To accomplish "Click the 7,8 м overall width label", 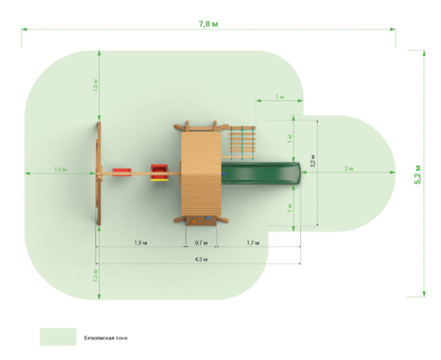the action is pyautogui.click(x=208, y=24).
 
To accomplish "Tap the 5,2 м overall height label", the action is pyautogui.click(x=418, y=175).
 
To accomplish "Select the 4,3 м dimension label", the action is pyautogui.click(x=201, y=259).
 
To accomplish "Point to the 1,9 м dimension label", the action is pyautogui.click(x=141, y=242).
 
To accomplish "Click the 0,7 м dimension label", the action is pyautogui.click(x=201, y=242).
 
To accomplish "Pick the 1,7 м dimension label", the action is pyautogui.click(x=253, y=242).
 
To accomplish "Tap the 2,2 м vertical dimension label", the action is pyautogui.click(x=313, y=161).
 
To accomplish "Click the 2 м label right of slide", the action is pyautogui.click(x=349, y=169).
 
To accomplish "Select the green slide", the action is pyautogui.click(x=261, y=173).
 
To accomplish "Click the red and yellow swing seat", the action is pyautogui.click(x=160, y=172).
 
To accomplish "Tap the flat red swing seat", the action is pyautogui.click(x=122, y=172).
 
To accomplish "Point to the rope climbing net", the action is pyautogui.click(x=242, y=142).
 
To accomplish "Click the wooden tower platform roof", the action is pyautogui.click(x=201, y=174).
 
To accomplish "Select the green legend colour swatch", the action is pyautogui.click(x=58, y=336).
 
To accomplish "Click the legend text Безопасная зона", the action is pyautogui.click(x=106, y=338).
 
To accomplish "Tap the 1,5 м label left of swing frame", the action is pyautogui.click(x=61, y=169).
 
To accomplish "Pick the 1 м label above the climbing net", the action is pyautogui.click(x=280, y=97).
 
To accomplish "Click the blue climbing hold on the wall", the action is pyautogui.click(x=208, y=218).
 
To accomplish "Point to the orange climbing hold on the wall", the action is pyautogui.click(x=194, y=222).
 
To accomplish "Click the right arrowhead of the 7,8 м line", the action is pyautogui.click(x=393, y=29).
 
